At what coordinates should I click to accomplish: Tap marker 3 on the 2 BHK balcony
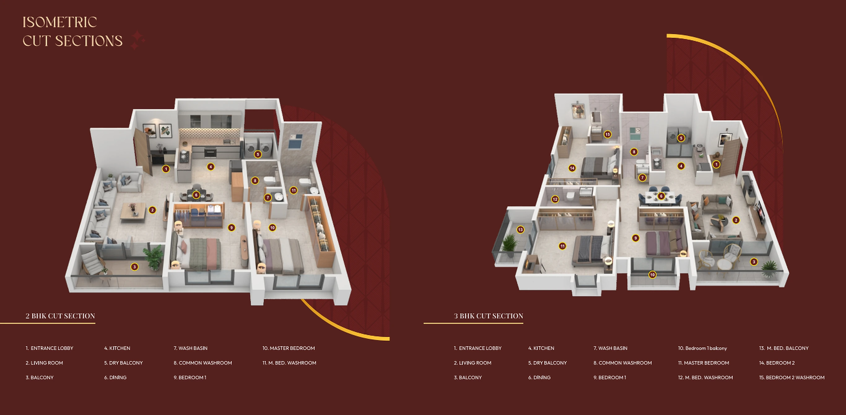tap(134, 267)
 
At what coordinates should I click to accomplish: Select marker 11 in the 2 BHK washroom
tap(293, 190)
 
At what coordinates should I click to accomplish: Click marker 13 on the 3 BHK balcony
tap(520, 229)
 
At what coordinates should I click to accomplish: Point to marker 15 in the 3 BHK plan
tap(608, 134)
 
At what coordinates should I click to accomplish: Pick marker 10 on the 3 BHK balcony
tap(652, 275)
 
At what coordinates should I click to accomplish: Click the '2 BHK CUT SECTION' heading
tap(60, 316)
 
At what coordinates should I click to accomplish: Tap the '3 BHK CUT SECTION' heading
tap(488, 316)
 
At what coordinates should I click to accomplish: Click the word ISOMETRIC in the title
tap(59, 22)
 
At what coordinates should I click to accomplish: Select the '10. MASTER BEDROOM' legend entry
tap(288, 348)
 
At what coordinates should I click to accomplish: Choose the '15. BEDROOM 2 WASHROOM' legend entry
tap(791, 378)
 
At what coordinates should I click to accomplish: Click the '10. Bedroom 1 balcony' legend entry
tap(702, 348)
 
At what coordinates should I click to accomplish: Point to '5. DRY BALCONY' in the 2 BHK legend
tap(124, 363)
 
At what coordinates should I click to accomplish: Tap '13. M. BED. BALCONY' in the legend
tap(783, 348)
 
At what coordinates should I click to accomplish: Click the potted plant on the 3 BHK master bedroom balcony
tap(509, 245)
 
